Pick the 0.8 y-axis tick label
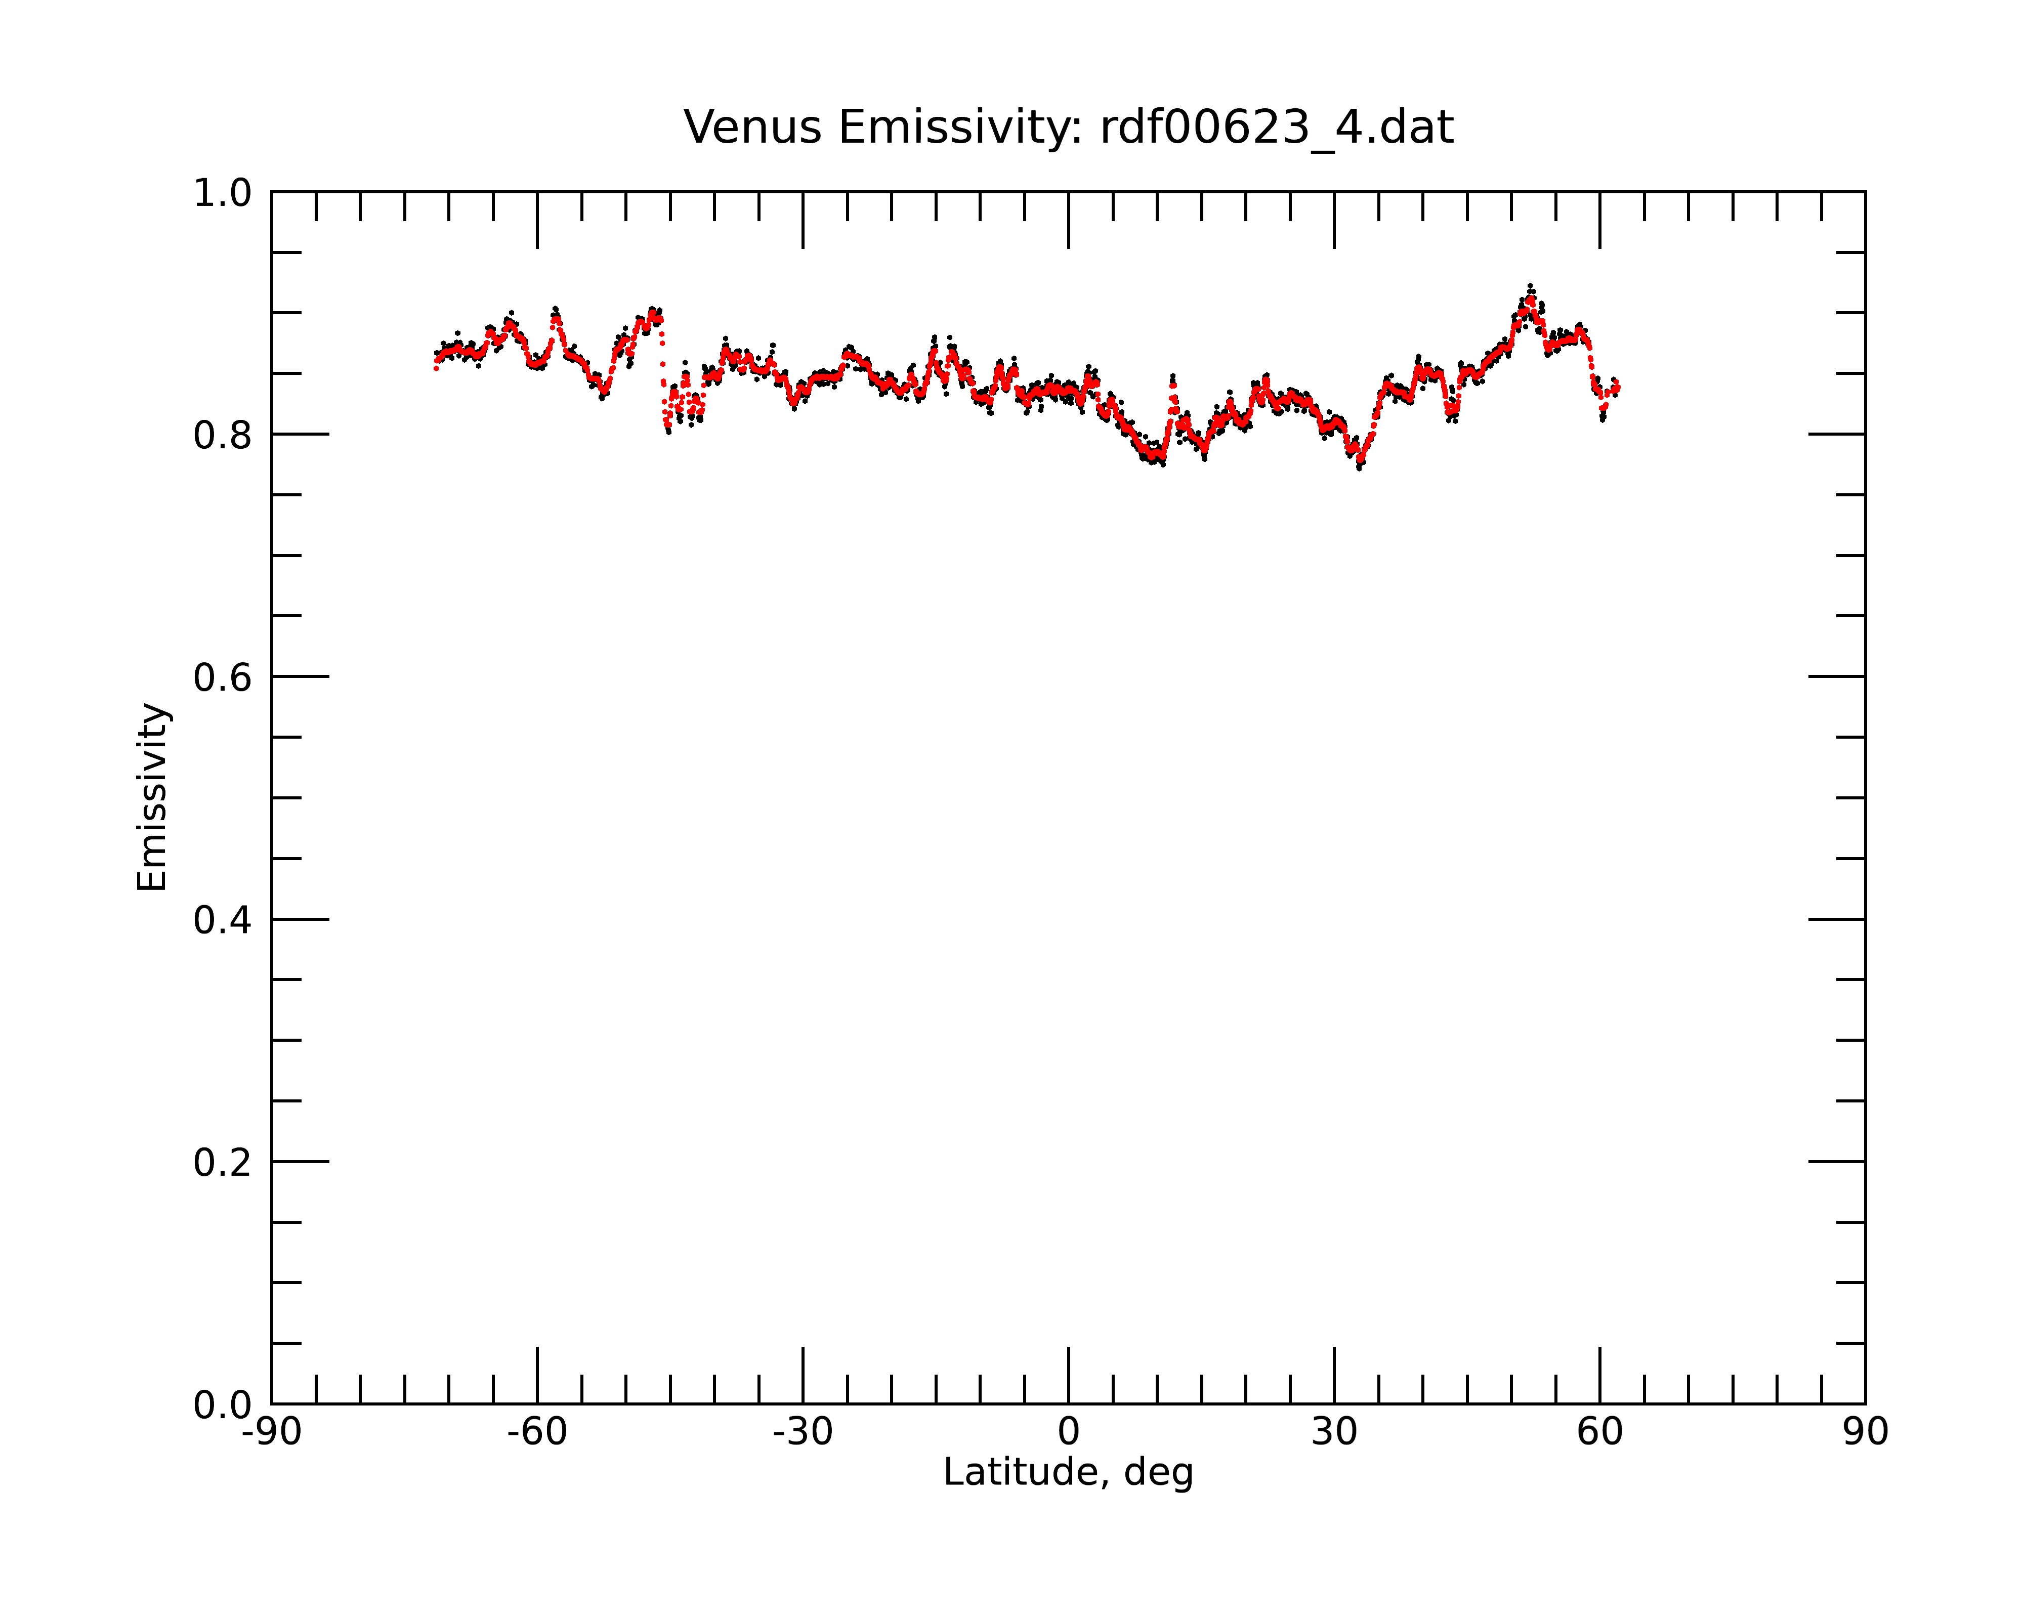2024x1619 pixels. coord(223,436)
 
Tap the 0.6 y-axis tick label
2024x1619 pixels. coord(223,677)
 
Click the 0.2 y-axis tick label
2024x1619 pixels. coord(223,1163)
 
